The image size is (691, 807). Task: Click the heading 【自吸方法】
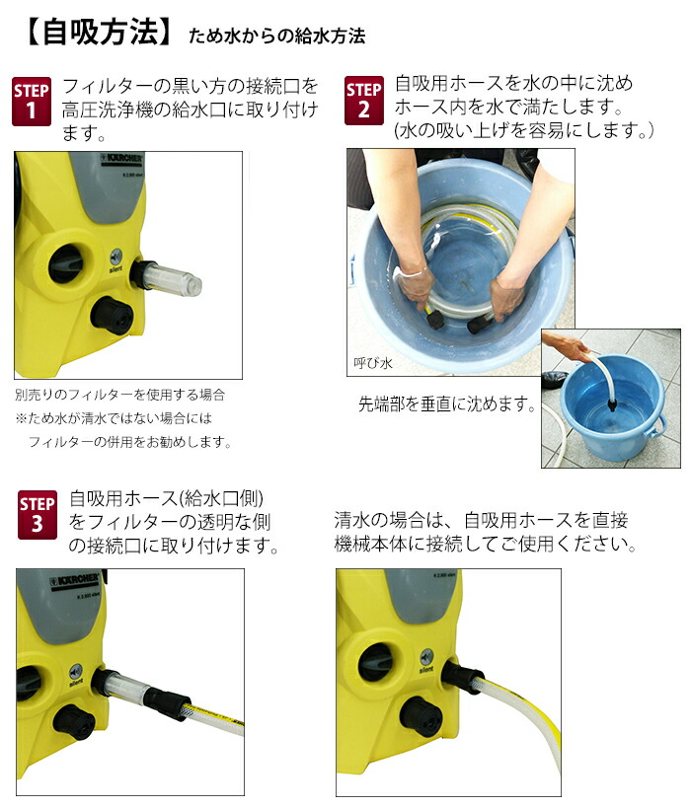point(94,33)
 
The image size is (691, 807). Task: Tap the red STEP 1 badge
point(31,101)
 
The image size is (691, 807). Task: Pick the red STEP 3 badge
point(38,515)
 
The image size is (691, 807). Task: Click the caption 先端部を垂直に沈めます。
point(447,404)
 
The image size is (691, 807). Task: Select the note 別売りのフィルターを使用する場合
point(119,394)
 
